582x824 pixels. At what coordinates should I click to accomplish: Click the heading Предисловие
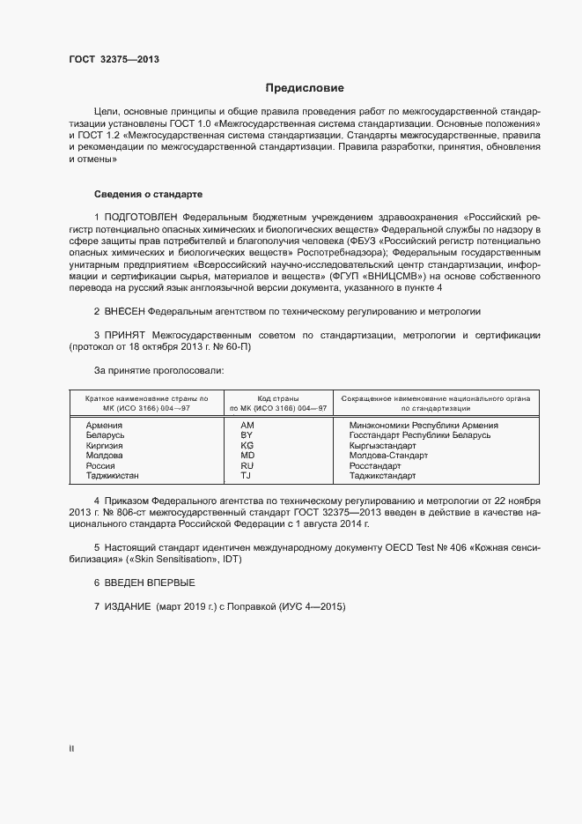click(x=305, y=89)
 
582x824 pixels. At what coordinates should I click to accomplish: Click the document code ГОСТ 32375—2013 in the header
click(x=114, y=61)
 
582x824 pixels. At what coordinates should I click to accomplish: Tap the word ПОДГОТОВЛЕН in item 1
click(x=142, y=217)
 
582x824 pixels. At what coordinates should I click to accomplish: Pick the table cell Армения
click(x=104, y=426)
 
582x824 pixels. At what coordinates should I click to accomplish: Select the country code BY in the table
click(x=247, y=435)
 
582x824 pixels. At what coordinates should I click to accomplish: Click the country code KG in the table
click(x=247, y=446)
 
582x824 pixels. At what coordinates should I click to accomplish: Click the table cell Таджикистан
click(x=113, y=476)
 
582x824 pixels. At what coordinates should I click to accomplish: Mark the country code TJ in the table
click(x=247, y=476)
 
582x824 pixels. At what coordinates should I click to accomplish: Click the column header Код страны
click(x=277, y=398)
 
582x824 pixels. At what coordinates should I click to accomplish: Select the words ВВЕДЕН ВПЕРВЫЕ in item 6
click(x=150, y=583)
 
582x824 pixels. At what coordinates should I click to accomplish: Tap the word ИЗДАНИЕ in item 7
click(x=129, y=606)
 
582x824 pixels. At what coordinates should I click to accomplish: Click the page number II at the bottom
click(x=71, y=749)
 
